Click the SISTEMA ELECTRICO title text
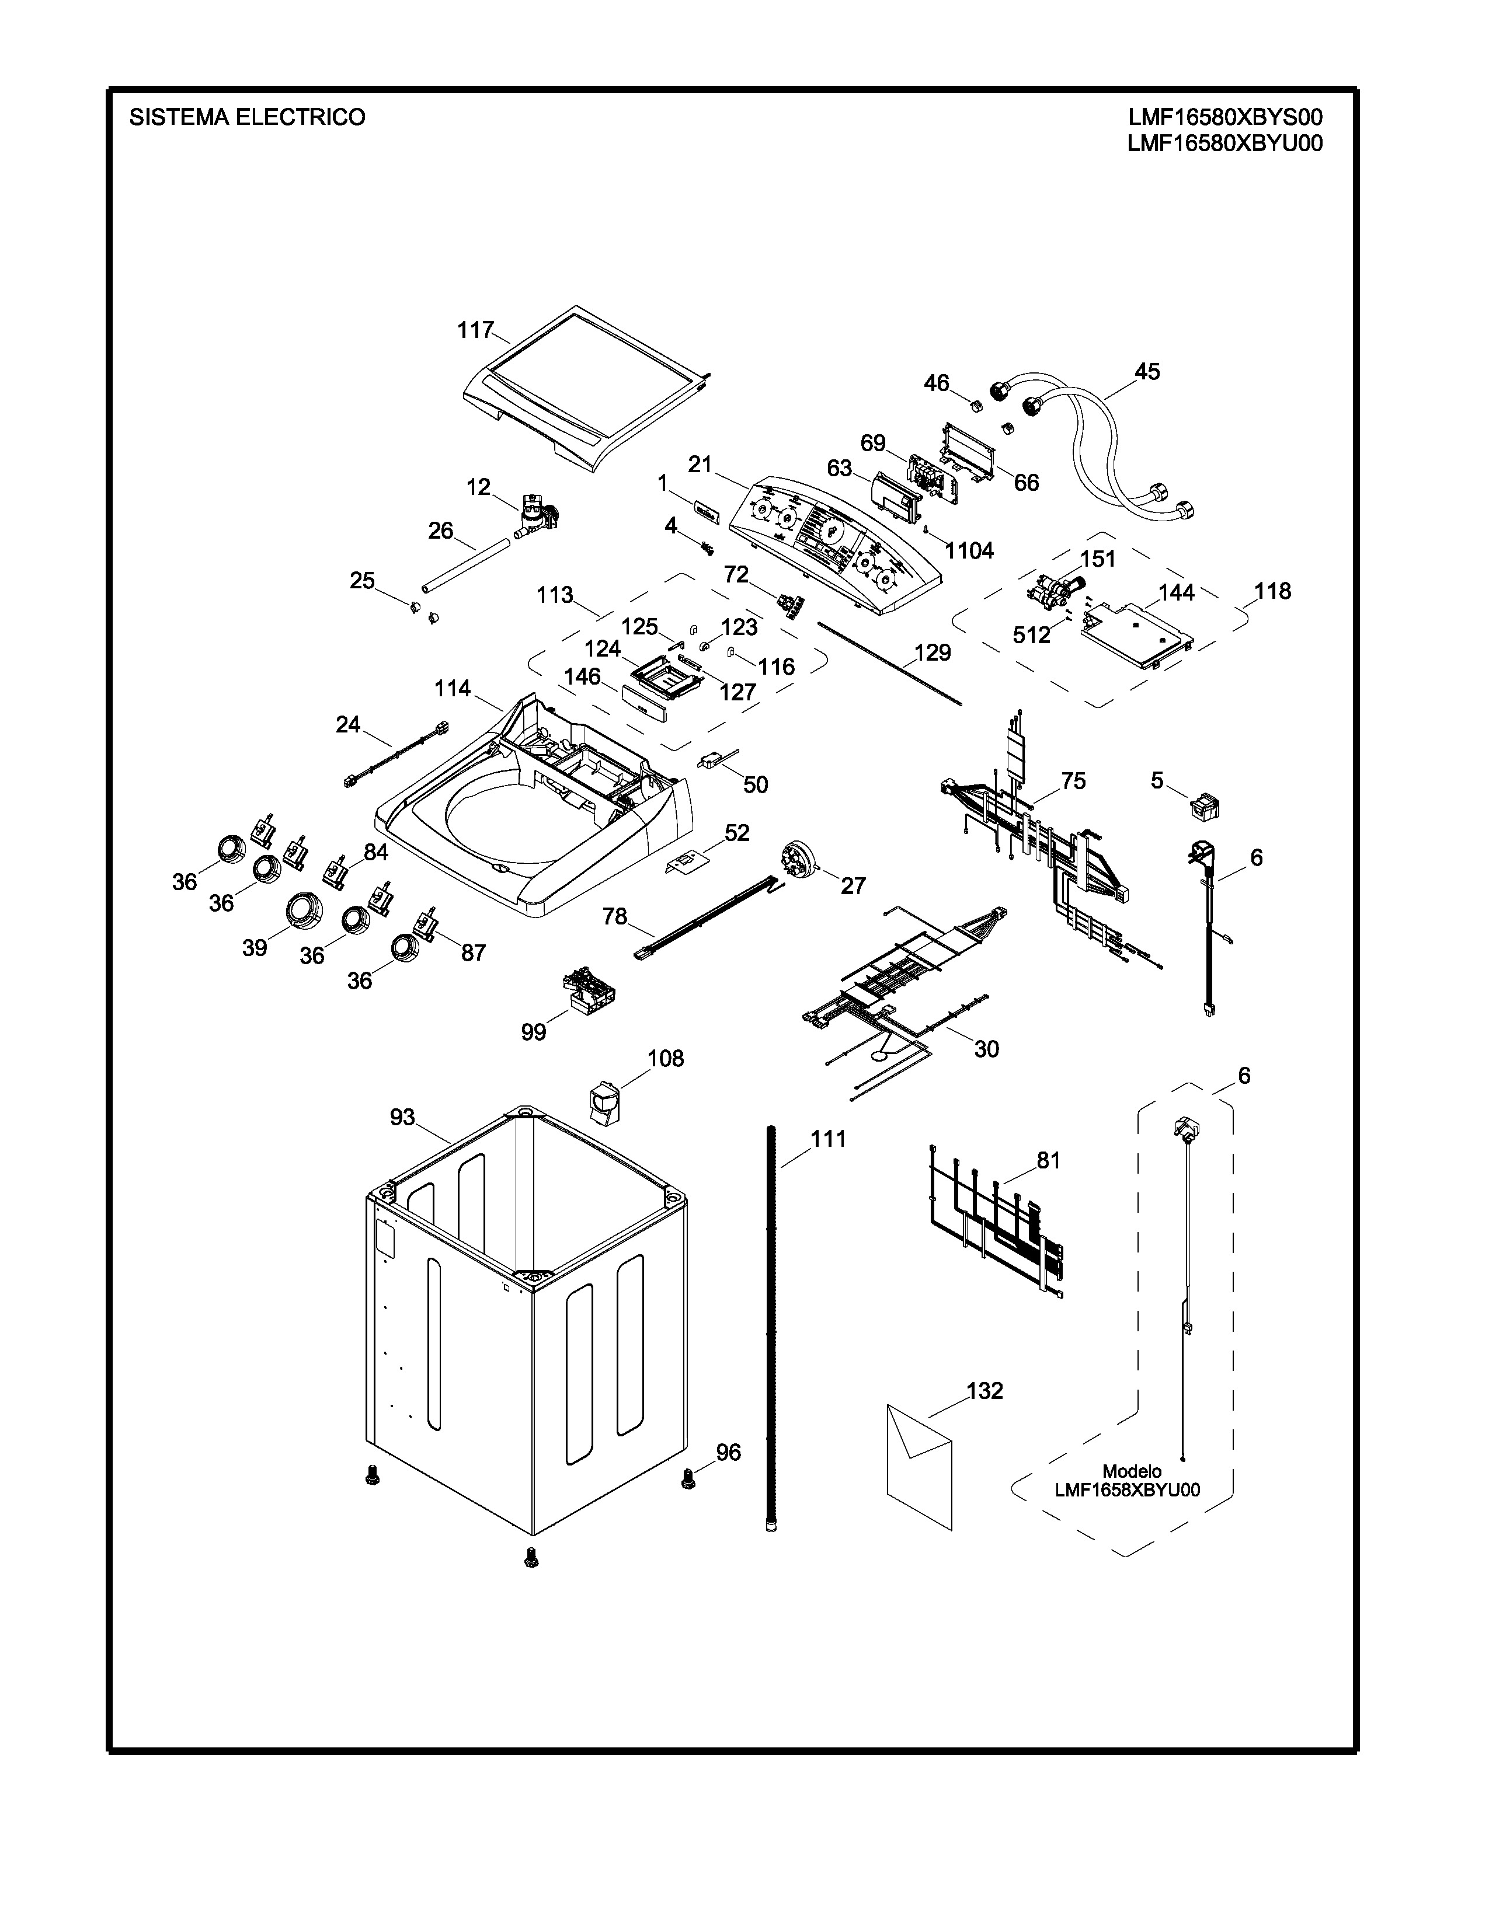(247, 117)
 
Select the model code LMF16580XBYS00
(1224, 117)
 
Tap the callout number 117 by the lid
(475, 330)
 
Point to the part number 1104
(969, 550)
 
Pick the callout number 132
(984, 1391)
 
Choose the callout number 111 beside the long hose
(829, 1139)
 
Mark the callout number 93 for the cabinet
(402, 1117)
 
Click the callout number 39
(255, 948)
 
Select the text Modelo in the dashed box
(1132, 1471)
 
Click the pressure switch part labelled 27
(796, 860)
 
